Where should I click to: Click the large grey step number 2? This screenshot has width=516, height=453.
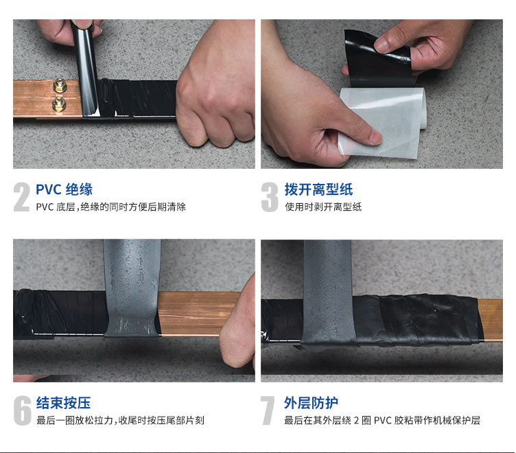22,197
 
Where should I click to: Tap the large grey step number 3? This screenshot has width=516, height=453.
270,197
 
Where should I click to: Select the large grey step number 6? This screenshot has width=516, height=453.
23,410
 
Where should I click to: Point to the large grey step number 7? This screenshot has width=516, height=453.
268,410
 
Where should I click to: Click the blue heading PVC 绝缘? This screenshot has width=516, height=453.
64,189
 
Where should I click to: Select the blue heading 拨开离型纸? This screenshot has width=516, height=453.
318,189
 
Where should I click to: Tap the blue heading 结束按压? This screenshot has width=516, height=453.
63,403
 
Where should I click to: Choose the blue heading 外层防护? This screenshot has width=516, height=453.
311,403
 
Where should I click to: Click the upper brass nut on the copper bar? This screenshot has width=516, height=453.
60,86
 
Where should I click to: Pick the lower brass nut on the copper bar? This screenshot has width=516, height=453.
59,105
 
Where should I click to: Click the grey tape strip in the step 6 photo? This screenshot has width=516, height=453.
132,288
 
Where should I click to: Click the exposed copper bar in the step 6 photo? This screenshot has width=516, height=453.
194,314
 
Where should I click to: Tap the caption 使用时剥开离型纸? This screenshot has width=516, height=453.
323,207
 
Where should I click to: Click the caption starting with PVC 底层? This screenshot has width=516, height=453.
111,207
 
